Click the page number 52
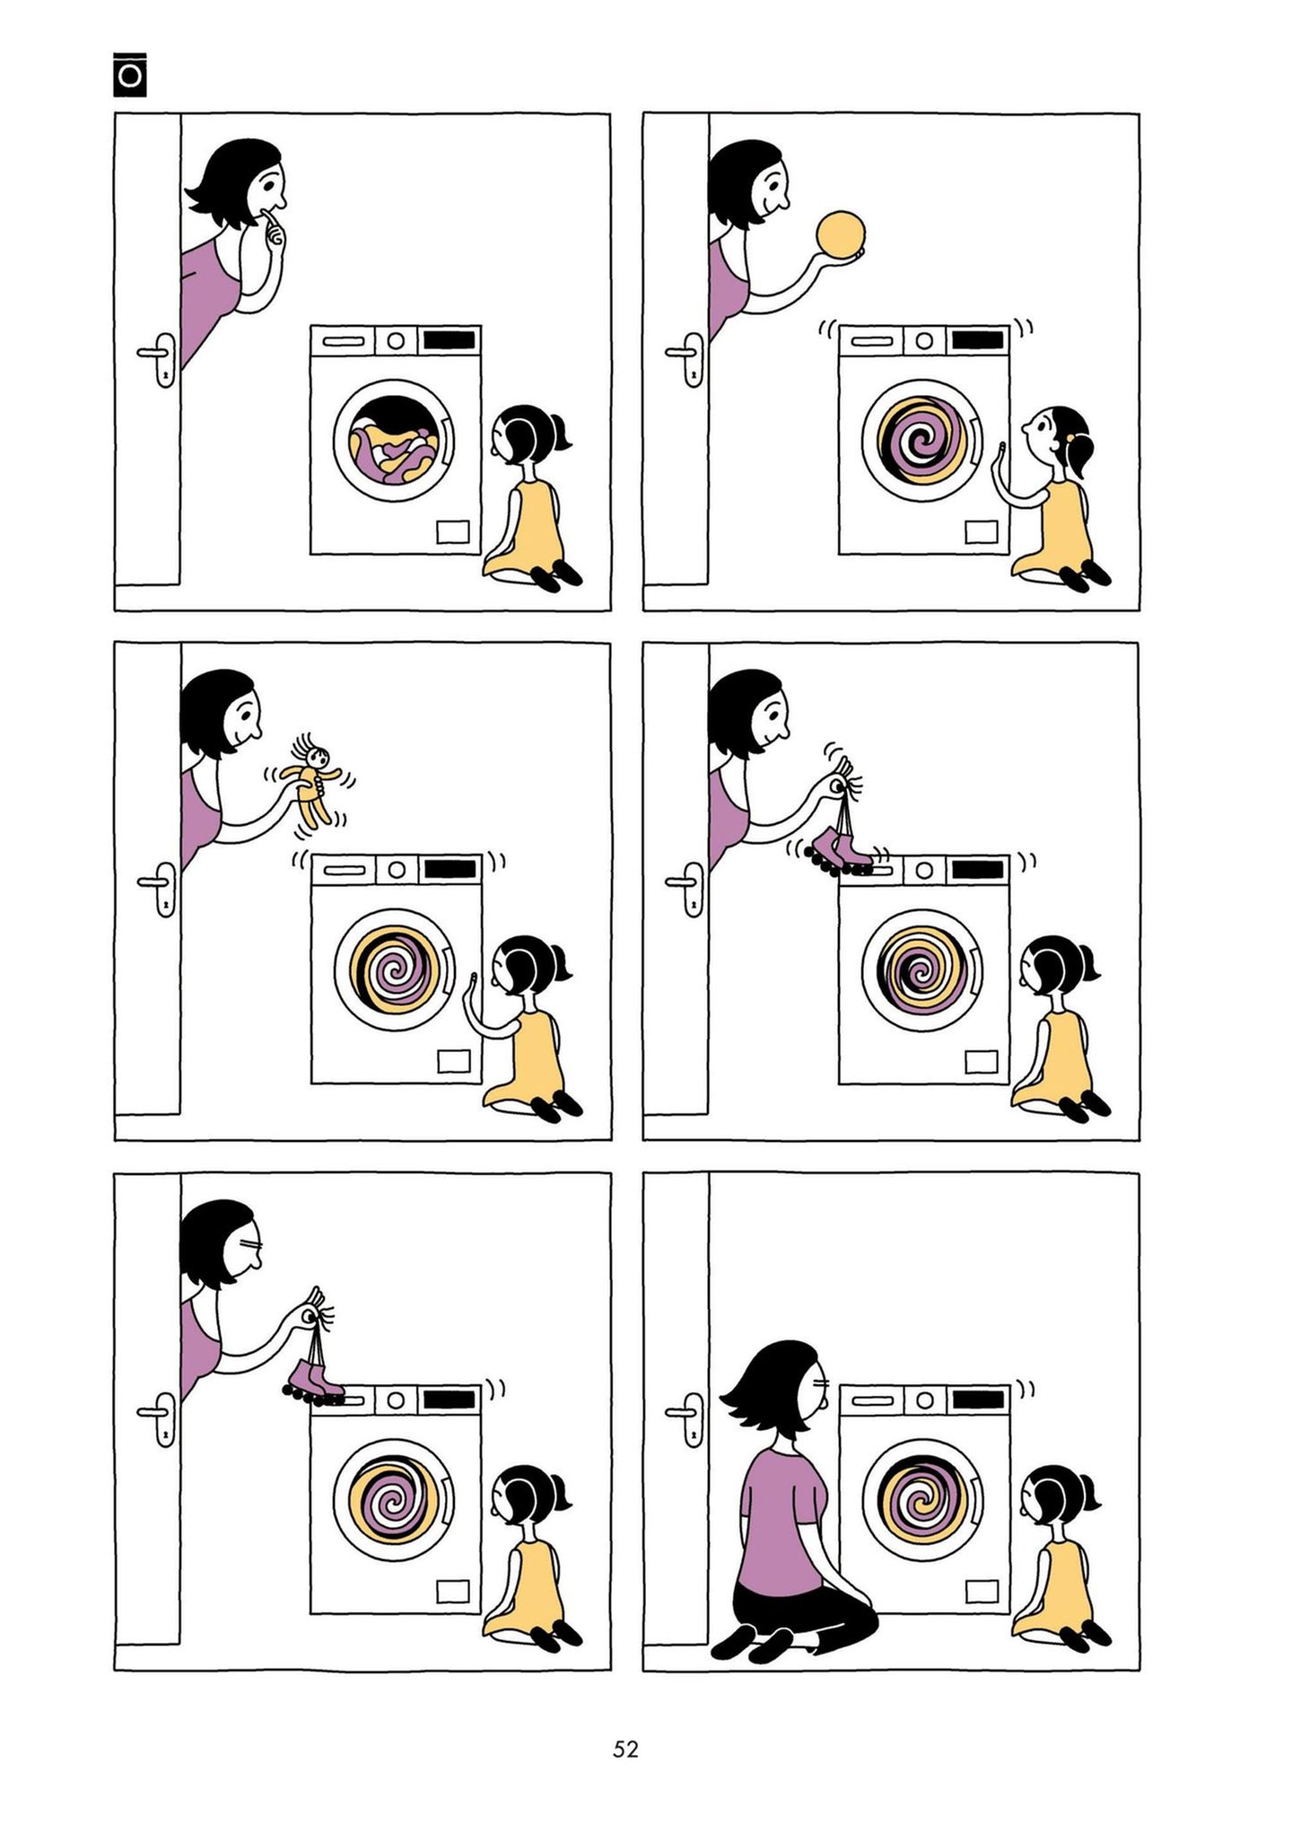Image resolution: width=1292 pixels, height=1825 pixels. pos(625,1749)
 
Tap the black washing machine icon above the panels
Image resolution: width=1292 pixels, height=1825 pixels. pos(130,76)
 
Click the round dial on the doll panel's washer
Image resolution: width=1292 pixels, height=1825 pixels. pos(396,870)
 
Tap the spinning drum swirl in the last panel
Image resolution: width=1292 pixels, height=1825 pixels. pos(922,1500)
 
